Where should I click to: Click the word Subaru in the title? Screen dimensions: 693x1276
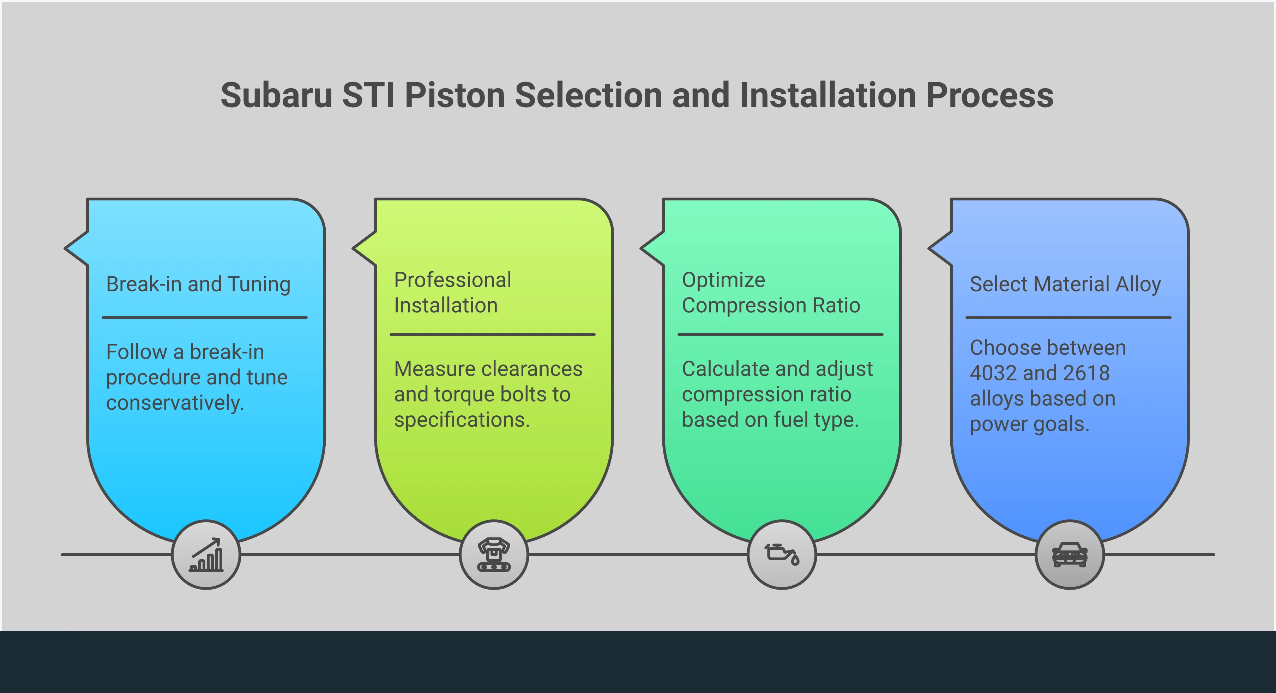click(276, 95)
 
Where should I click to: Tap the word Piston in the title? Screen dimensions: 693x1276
click(454, 95)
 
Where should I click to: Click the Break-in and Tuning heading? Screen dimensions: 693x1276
click(198, 284)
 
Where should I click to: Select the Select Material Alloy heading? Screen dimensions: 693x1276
click(1065, 284)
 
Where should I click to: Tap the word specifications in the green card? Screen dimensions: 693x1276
click(462, 420)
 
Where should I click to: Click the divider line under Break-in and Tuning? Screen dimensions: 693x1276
click(205, 318)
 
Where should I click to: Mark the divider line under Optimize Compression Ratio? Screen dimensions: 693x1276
click(780, 335)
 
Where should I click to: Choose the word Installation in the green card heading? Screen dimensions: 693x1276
click(445, 306)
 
